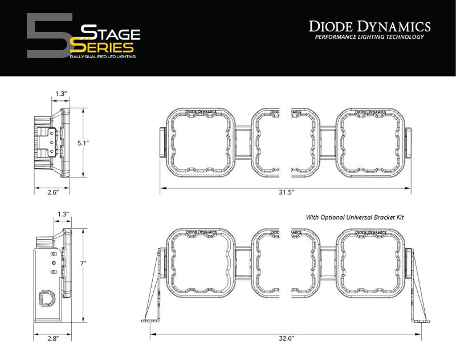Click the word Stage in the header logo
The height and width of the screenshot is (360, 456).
click(x=109, y=32)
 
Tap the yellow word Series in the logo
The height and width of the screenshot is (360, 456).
click(x=105, y=47)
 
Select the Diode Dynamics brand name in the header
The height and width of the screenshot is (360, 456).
click(x=370, y=26)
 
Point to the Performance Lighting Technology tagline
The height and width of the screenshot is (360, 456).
click(x=370, y=37)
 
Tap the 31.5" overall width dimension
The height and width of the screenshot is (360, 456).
click(x=285, y=192)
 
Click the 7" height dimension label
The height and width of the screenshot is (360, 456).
click(x=83, y=264)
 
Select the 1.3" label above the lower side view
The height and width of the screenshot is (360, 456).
click(x=64, y=214)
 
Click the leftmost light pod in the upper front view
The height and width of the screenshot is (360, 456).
click(x=201, y=141)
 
